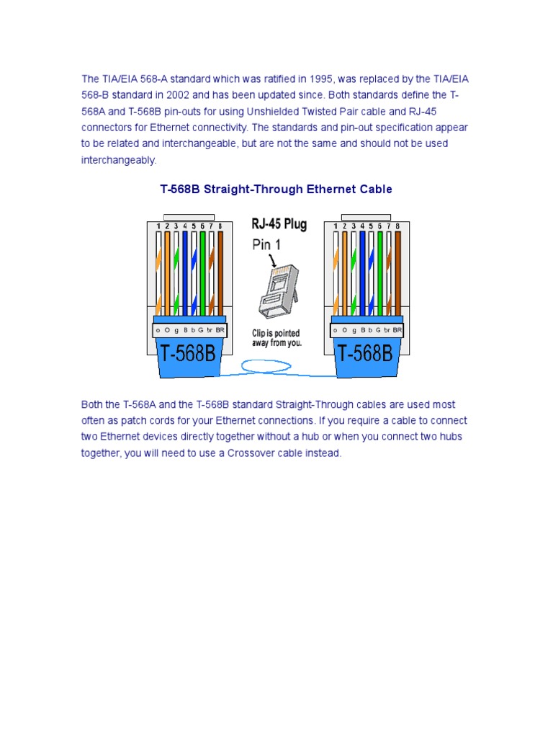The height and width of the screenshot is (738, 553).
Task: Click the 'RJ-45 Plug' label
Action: coord(279,224)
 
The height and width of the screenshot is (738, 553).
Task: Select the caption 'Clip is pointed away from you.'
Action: coord(276,338)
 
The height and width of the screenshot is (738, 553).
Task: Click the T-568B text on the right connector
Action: coord(365,353)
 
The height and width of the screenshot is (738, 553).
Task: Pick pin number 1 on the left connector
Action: coord(158,226)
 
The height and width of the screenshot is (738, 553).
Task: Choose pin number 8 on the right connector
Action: coord(397,226)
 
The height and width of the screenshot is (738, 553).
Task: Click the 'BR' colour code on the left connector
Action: coord(220,330)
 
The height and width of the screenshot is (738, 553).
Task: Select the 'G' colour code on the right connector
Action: coord(379,330)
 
